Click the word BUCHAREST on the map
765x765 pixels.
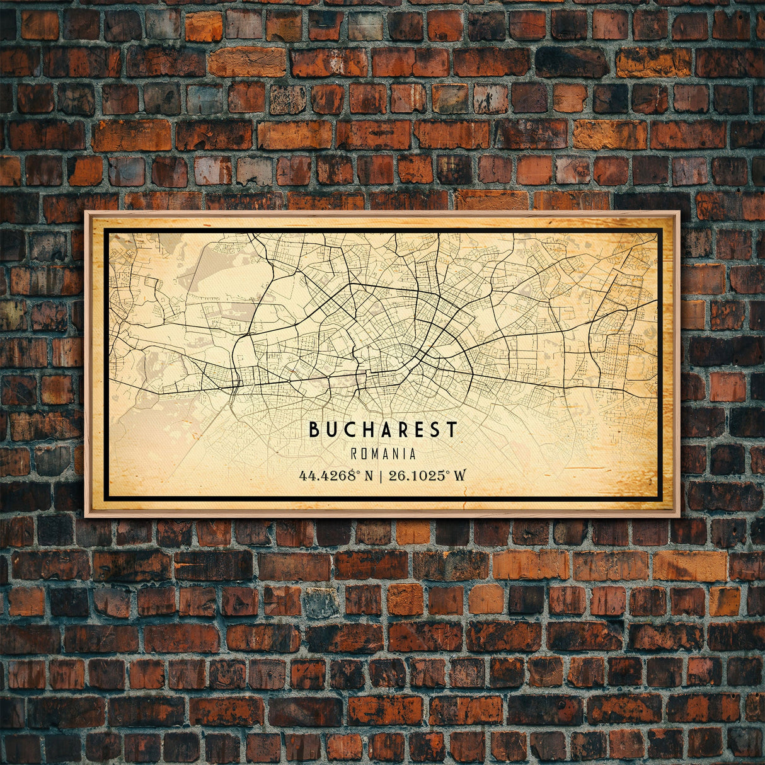[382, 430]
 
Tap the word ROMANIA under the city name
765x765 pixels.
[383, 454]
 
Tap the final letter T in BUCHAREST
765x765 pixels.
[452, 430]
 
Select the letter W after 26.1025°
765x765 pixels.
[460, 475]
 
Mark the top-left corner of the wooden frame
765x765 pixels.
[86, 212]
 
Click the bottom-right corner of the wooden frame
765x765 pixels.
[679, 516]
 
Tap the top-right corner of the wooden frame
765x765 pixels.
[679, 212]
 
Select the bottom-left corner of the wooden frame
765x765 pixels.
[86, 516]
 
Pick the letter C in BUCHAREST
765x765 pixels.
[348, 430]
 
